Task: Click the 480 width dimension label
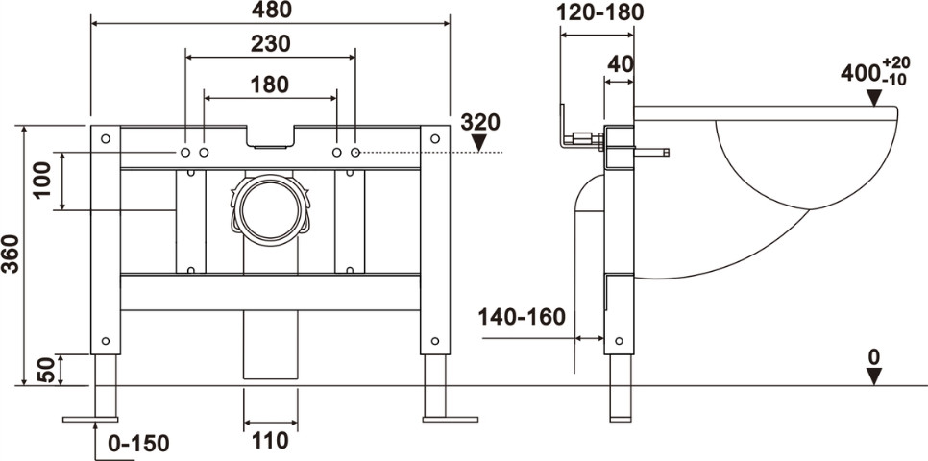271,9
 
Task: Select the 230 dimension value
271,44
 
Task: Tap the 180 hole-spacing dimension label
269,85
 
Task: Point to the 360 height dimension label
11,254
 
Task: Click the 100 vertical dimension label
42,181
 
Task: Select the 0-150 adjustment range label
139,443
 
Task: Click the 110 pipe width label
270,440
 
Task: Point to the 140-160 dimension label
522,317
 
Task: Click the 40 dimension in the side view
621,64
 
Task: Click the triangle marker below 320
478,142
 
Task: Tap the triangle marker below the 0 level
874,376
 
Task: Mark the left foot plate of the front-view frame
90,420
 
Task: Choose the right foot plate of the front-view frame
450,420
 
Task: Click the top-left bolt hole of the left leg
106,139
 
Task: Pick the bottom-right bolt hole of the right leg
435,341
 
